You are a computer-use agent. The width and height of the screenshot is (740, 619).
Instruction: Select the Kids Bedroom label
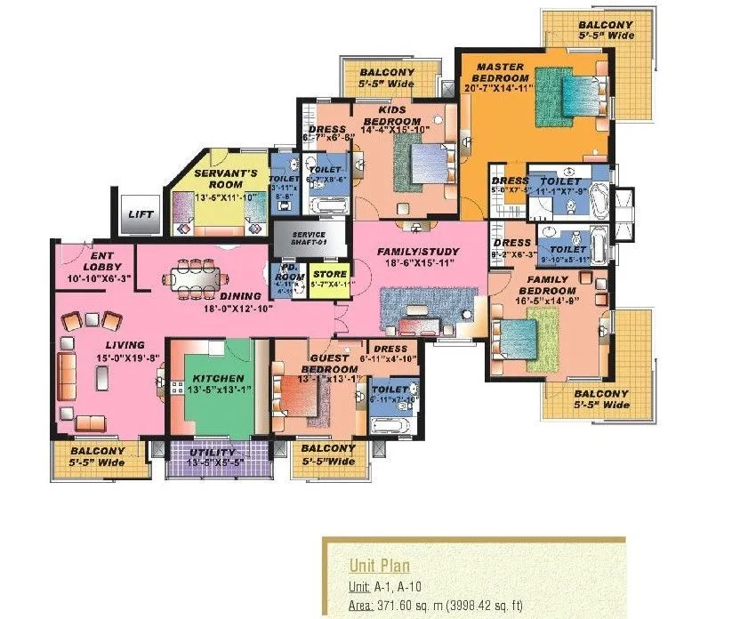point(392,116)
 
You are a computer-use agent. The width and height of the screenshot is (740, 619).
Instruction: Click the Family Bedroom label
point(547,285)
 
